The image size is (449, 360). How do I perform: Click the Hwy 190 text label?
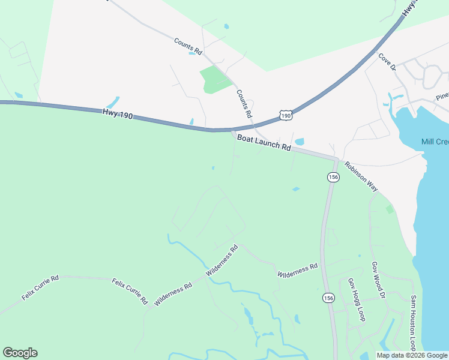point(117,112)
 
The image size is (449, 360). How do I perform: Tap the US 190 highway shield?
point(286,115)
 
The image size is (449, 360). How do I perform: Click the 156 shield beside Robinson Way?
point(333,177)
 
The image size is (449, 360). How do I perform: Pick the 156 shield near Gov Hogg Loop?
point(328,298)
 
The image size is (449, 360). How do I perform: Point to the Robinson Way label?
point(361,176)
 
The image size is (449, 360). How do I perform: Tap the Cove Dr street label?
point(387,62)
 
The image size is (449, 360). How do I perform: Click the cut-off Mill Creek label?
point(435,142)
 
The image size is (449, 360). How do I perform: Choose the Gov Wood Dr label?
point(378,280)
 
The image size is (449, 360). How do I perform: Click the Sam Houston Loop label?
point(413,323)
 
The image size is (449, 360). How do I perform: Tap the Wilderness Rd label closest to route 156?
point(297,271)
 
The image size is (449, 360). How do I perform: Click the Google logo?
point(20,353)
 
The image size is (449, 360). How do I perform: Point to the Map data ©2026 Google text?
point(412,355)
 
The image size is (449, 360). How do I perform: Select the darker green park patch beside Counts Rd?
point(216,80)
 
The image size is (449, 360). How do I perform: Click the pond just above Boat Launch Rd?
point(300,142)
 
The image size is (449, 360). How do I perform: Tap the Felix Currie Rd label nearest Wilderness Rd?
point(130,290)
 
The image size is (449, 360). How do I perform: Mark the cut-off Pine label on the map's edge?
point(442,96)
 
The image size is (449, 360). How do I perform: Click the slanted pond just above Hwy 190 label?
point(113,102)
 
